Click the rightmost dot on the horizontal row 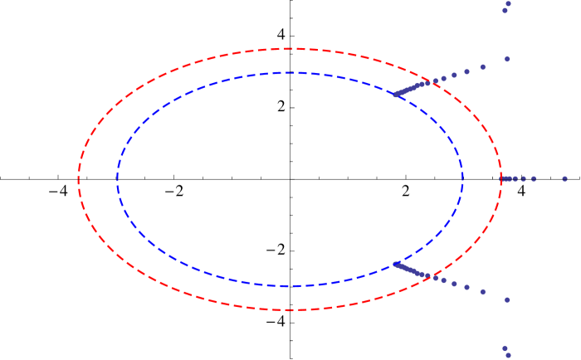pos(564,178)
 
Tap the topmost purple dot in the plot pos(508,3)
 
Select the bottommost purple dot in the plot pos(508,355)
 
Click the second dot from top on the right pos(505,11)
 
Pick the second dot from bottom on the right pos(505,348)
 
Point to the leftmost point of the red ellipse pos(79,178)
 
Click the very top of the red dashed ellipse pos(290,49)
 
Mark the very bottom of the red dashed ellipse pos(290,310)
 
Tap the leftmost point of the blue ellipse pos(117,178)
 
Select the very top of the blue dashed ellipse pos(290,73)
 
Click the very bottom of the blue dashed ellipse pos(290,286)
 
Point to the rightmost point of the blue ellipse pos(463,178)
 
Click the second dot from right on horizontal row pos(533,178)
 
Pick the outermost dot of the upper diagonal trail pos(507,59)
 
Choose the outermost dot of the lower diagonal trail pos(507,299)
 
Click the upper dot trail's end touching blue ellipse pos(395,95)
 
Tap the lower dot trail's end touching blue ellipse pos(395,264)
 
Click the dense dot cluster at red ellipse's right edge pos(503,178)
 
